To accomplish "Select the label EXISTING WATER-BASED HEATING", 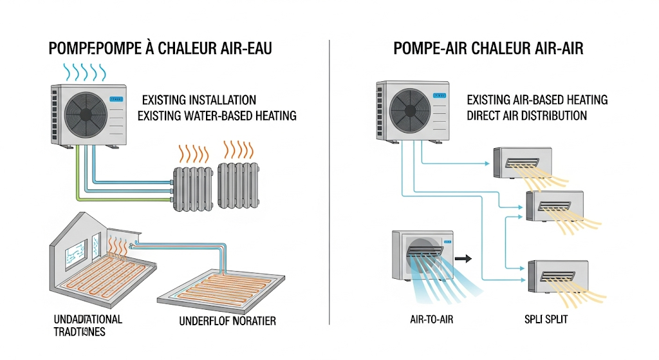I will tap(217, 116).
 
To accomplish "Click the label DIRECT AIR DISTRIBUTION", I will tap(526, 116).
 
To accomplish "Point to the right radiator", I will tap(238, 182).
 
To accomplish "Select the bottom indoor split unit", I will tap(555, 277).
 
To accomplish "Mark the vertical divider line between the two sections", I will tap(329, 180).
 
